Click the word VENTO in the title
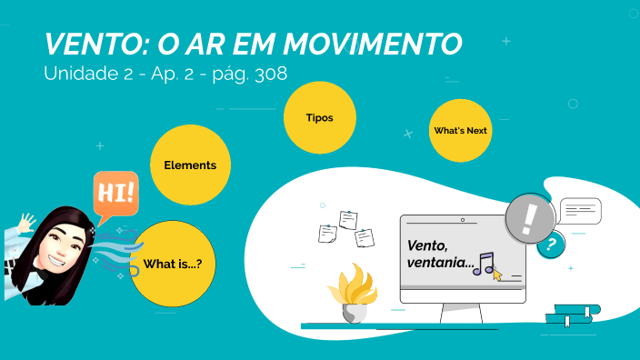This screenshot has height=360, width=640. coord(91,45)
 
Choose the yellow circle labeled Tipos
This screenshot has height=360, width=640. coord(320,118)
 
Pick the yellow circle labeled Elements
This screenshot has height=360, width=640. coord(190,165)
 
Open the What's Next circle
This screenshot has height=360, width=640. coord(461,131)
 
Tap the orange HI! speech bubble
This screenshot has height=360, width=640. coord(115,194)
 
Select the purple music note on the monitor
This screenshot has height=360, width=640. coord(485,263)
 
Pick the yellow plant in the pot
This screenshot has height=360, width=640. coord(352,285)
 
